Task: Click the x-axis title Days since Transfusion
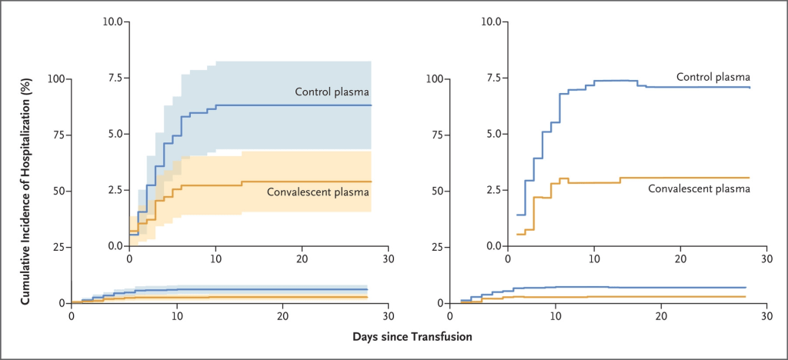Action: pos(412,337)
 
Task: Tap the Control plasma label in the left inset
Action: pos(332,92)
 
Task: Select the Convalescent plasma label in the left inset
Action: pos(318,192)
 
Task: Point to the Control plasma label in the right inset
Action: pos(713,77)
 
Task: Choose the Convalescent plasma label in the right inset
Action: pos(700,188)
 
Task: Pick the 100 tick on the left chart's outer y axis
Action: pos(55,79)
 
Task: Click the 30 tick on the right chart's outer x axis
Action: pos(766,315)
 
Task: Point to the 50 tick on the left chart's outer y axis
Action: pos(58,191)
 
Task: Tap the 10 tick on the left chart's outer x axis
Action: pos(177,315)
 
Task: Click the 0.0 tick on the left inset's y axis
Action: pos(114,246)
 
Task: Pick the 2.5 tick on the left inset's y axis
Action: pos(114,190)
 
